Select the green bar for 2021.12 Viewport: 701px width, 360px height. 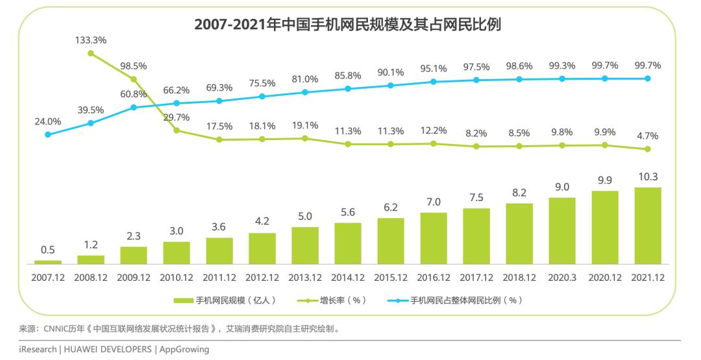tap(648, 226)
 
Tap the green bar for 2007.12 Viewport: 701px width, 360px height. tap(48, 262)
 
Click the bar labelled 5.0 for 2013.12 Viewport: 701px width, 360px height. tap(305, 246)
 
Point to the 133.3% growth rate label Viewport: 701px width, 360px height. tap(91, 40)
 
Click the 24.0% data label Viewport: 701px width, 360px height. tap(47, 121)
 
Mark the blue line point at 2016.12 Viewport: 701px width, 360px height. tap(434, 82)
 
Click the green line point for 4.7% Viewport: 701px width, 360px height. tap(648, 149)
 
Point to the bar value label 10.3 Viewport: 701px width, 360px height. tap(648, 176)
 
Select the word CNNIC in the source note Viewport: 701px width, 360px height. tap(56, 329)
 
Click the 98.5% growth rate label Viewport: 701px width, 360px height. tap(134, 66)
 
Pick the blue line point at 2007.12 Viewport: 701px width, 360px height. tap(48, 134)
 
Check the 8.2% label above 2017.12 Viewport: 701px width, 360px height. tap(476, 133)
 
